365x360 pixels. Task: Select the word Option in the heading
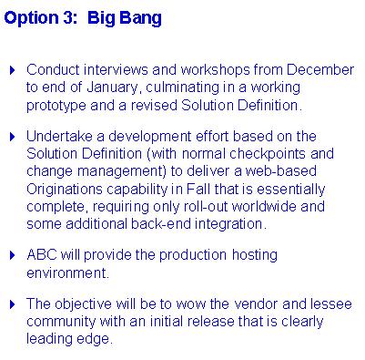pyautogui.click(x=32, y=19)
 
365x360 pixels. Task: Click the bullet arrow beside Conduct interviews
pyautogui.click(x=13, y=70)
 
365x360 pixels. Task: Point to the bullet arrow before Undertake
pyautogui.click(x=13, y=137)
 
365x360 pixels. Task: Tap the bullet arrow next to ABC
pyautogui.click(x=13, y=255)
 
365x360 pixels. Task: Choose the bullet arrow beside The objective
pyautogui.click(x=13, y=304)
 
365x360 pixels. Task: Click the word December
pyautogui.click(x=320, y=70)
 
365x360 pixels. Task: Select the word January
pyautogui.click(x=112, y=88)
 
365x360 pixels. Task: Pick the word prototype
pyautogui.click(x=56, y=107)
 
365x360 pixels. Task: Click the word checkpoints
pyautogui.click(x=268, y=154)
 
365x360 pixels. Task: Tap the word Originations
pyautogui.click(x=65, y=190)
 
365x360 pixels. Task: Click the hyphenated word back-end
pyautogui.click(x=161, y=224)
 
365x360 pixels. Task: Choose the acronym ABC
pyautogui.click(x=42, y=255)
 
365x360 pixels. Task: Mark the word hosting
pyautogui.click(x=255, y=256)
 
